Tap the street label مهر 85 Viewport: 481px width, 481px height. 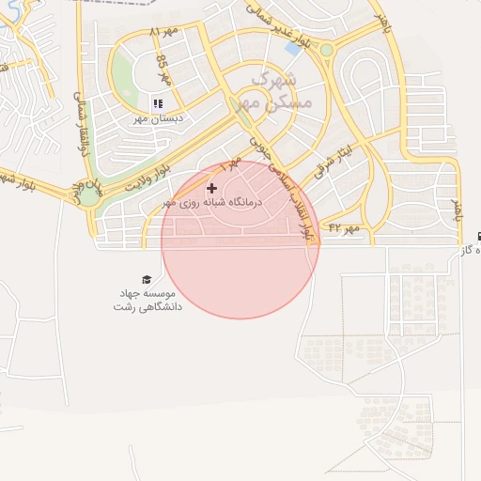click(x=163, y=70)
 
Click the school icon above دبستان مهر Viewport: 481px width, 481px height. click(x=158, y=103)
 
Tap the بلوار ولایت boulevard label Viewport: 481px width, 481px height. click(x=128, y=178)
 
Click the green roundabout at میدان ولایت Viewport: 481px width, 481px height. click(x=88, y=195)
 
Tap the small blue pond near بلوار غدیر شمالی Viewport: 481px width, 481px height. click(x=292, y=48)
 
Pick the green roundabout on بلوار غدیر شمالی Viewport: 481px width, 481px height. click(x=326, y=50)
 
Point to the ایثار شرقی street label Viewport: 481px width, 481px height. click(x=333, y=158)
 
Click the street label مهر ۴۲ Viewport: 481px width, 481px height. click(x=344, y=227)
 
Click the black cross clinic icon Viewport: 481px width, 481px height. click(x=211, y=189)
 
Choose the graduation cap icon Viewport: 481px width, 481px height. click(x=147, y=279)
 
